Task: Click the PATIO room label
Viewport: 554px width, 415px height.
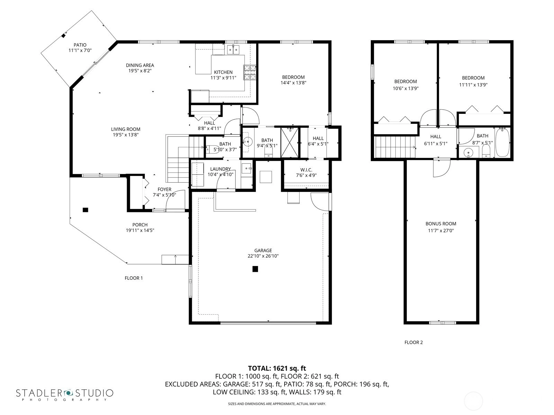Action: click(x=80, y=45)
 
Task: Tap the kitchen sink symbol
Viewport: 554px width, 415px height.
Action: click(x=233, y=49)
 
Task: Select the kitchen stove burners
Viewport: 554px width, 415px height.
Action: click(x=250, y=73)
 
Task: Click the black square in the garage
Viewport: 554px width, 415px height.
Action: click(x=255, y=269)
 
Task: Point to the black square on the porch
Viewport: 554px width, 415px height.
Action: click(x=85, y=210)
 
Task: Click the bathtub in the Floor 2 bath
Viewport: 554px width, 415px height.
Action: click(x=502, y=142)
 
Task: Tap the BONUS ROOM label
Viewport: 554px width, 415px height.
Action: click(x=441, y=224)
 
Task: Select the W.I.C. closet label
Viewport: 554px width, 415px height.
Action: click(x=306, y=170)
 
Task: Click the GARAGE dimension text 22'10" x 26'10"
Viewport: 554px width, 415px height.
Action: click(x=263, y=256)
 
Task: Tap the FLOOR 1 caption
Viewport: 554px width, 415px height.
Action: click(x=134, y=278)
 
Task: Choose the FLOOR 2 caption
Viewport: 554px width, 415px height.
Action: click(x=413, y=342)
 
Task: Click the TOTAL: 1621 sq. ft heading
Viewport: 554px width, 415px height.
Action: click(x=277, y=368)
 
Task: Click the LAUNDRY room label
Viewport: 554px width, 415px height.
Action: click(x=220, y=169)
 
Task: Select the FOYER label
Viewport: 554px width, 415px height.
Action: click(x=164, y=190)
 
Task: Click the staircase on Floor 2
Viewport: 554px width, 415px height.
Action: click(x=395, y=147)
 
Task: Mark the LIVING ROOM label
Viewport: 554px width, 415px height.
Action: click(x=125, y=129)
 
